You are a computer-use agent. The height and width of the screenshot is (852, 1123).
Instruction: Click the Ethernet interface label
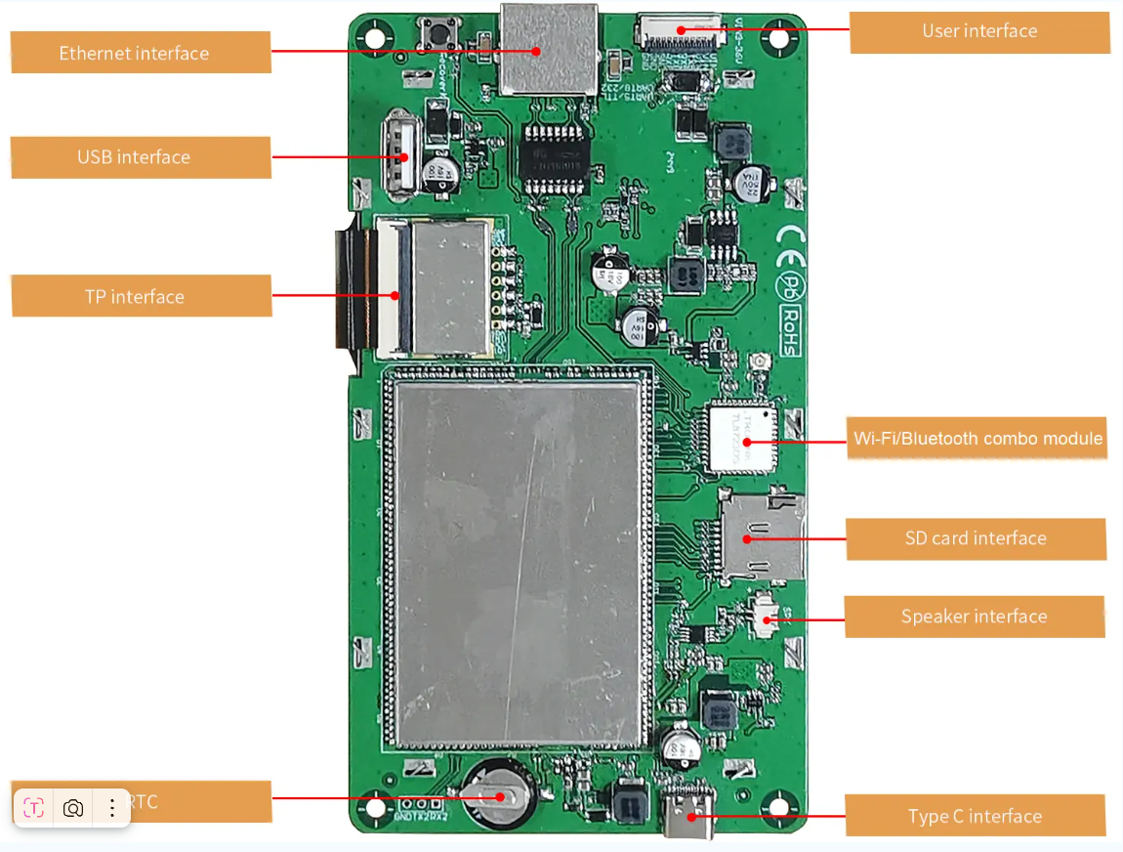pos(135,53)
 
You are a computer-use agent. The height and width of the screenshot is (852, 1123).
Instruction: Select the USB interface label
pos(135,157)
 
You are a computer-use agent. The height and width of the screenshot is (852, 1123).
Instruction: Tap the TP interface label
pos(135,297)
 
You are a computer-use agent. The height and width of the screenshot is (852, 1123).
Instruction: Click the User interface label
pos(979,31)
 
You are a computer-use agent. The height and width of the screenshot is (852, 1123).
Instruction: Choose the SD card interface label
pos(976,538)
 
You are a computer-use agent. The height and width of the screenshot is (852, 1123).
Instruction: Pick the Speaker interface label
pos(974,617)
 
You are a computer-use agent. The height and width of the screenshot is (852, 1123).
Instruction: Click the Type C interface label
pos(975,816)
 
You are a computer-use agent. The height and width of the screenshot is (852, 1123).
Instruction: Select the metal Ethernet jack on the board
pos(548,49)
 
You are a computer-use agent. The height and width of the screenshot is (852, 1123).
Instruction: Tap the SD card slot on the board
pos(761,536)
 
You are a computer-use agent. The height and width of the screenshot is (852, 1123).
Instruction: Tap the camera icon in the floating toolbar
pos(73,808)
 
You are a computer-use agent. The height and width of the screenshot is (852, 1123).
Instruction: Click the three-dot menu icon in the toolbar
pos(112,808)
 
